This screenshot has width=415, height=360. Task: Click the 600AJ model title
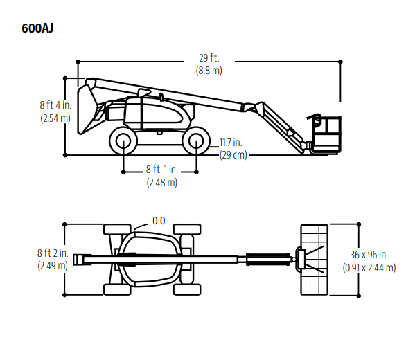(x=37, y=28)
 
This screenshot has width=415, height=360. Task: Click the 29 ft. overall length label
(x=209, y=58)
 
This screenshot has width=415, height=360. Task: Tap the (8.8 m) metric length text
(x=209, y=71)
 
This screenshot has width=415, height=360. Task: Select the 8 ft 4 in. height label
(x=55, y=105)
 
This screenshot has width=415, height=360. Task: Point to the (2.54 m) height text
(x=55, y=118)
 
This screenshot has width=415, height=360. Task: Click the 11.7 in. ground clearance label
(x=231, y=143)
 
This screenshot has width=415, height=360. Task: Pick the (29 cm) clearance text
(x=233, y=155)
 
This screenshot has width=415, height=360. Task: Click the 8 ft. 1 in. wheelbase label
(x=161, y=170)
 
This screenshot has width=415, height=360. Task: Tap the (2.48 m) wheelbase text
(x=162, y=183)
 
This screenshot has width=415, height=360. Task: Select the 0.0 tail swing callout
(x=159, y=221)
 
